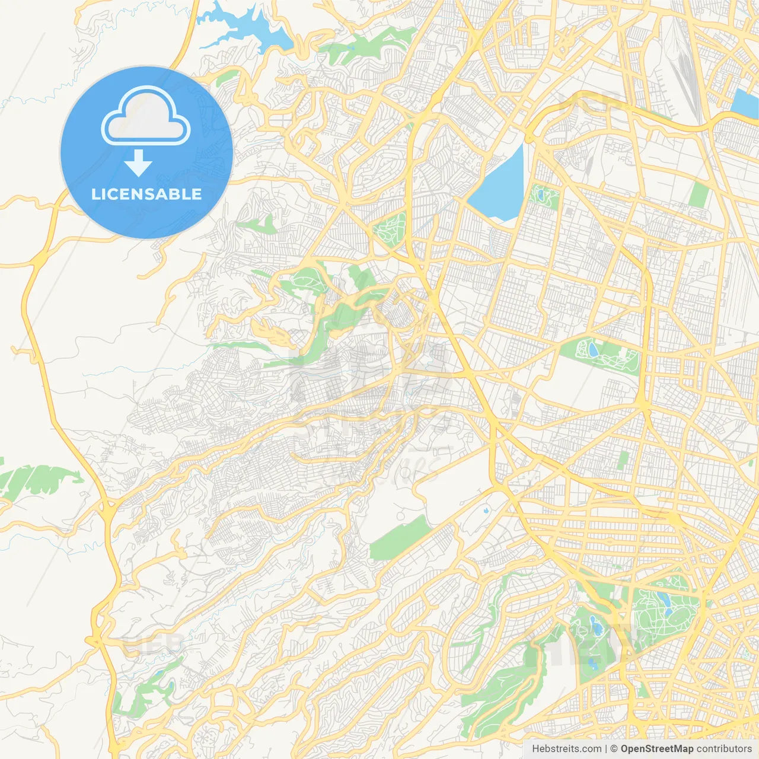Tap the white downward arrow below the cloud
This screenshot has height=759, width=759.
click(138, 162)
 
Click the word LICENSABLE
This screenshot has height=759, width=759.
click(146, 194)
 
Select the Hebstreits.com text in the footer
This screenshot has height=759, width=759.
click(566, 749)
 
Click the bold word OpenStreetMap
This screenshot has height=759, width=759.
click(656, 749)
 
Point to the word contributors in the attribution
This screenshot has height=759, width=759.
click(723, 749)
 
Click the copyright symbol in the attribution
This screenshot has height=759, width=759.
click(614, 749)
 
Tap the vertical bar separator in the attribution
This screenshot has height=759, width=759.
click(606, 749)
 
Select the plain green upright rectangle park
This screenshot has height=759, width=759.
click(700, 194)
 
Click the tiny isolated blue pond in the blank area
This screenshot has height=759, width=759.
click(486, 509)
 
